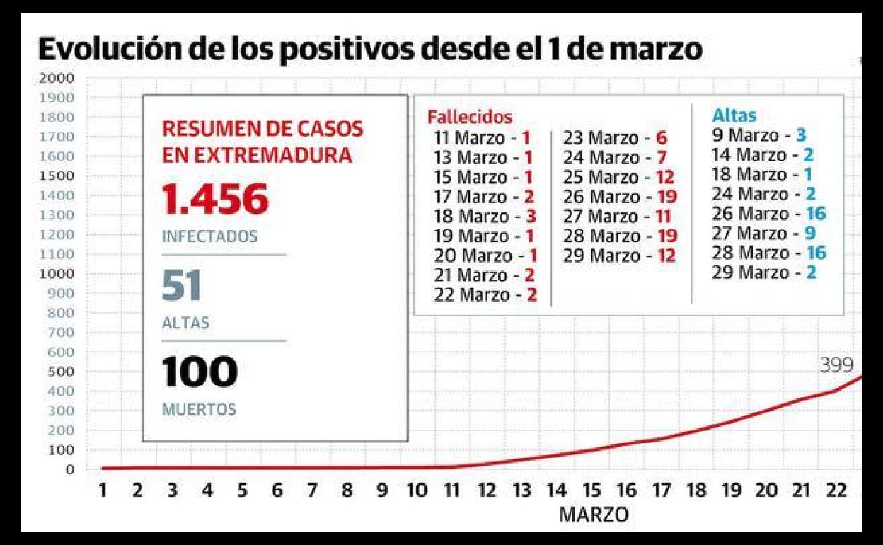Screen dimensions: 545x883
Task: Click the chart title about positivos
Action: point(370,50)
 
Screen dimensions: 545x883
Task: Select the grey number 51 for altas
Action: point(182,286)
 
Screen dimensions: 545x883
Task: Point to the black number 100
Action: point(200,372)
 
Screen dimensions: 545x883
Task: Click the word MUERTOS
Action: point(199,409)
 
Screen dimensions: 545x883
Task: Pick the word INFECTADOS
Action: point(209,236)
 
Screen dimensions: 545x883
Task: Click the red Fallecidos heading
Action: point(469,117)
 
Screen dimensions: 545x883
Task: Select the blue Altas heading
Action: point(734,115)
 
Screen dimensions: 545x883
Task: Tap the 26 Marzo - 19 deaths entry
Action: point(620,196)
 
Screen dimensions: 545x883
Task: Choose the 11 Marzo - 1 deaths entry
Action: point(482,137)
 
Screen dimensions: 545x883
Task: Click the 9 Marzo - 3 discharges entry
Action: point(759,135)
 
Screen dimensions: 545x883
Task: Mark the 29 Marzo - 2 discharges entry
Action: point(763,272)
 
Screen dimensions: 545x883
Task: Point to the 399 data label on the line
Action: point(836,365)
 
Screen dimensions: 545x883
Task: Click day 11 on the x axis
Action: point(451,490)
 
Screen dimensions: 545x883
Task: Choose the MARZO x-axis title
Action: point(593,515)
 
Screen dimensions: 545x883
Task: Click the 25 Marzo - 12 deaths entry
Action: point(618,176)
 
